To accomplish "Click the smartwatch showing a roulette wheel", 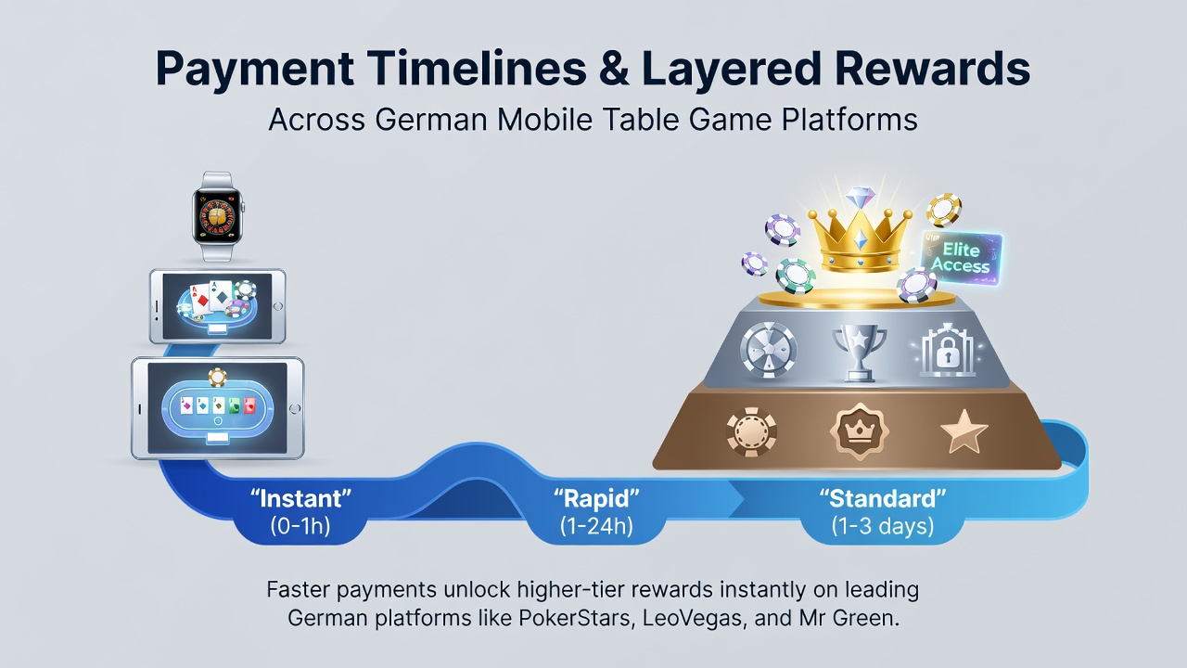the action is pyautogui.click(x=217, y=216).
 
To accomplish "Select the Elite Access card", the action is pyautogui.click(x=961, y=258).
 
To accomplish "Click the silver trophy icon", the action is pyautogui.click(x=859, y=352).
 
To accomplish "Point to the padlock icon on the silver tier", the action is pyautogui.click(x=948, y=351).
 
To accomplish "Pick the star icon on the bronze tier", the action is pyautogui.click(x=964, y=431).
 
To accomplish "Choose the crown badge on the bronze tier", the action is pyautogui.click(x=859, y=431).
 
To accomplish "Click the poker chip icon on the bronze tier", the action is pyautogui.click(x=751, y=432).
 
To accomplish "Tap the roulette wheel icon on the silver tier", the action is pyautogui.click(x=769, y=351).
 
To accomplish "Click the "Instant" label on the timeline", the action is pyautogui.click(x=300, y=499).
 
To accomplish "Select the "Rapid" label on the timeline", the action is pyautogui.click(x=596, y=499).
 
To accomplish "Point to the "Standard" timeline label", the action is pyautogui.click(x=883, y=499).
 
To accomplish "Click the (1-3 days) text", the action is pyautogui.click(x=883, y=526).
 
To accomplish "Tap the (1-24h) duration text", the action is pyautogui.click(x=596, y=526).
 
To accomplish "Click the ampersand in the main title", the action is pyautogui.click(x=615, y=69).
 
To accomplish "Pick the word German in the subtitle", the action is pyautogui.click(x=431, y=120).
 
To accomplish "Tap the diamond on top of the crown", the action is pyautogui.click(x=860, y=199).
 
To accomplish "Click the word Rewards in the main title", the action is pyautogui.click(x=932, y=69).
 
